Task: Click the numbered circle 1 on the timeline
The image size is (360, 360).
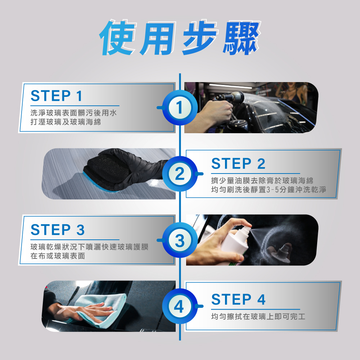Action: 180,108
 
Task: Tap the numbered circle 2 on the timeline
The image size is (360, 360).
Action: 180,174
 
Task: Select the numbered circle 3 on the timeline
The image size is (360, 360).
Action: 180,240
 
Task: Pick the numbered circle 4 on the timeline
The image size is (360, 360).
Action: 180,306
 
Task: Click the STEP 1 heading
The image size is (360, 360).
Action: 57,96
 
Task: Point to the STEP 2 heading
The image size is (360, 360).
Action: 238,163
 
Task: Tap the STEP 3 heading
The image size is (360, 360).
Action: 58,230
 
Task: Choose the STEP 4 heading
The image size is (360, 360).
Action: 238,299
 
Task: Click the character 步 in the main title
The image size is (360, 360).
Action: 200,38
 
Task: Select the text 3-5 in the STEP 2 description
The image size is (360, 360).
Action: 273,190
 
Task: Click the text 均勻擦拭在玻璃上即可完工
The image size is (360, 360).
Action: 258,316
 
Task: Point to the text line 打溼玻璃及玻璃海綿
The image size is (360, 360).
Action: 66,122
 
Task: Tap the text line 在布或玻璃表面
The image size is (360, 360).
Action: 58,256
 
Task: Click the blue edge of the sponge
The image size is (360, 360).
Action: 96,184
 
